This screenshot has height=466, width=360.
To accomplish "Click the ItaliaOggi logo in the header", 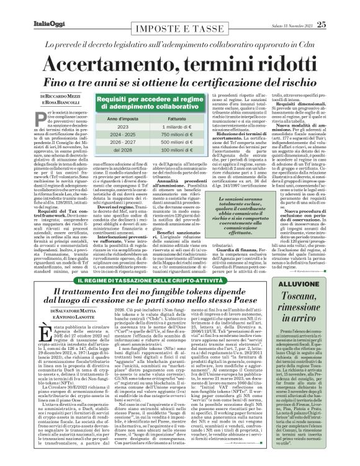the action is [x=48, y=24].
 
